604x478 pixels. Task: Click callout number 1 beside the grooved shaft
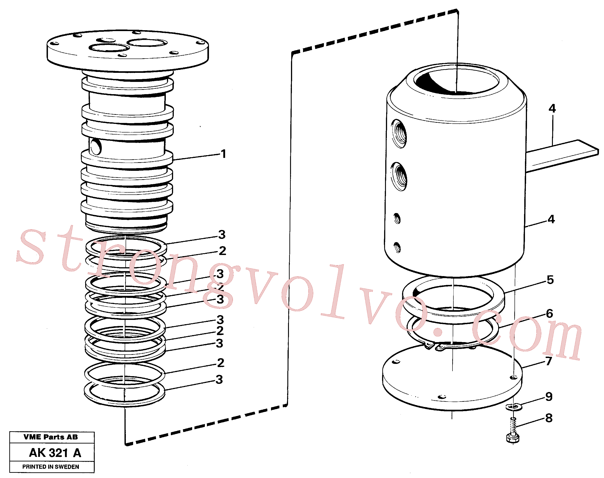pyautogui.click(x=223, y=154)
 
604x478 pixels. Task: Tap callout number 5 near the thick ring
pyautogui.click(x=550, y=280)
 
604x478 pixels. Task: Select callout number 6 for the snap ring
pyautogui.click(x=550, y=314)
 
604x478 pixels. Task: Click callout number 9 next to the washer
pyautogui.click(x=549, y=397)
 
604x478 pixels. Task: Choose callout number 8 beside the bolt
pyautogui.click(x=549, y=418)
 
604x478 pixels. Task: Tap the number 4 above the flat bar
pyautogui.click(x=552, y=108)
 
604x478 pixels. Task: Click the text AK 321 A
pyautogui.click(x=55, y=453)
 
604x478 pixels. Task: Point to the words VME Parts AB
pyautogui.click(x=51, y=437)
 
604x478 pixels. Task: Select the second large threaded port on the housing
pyautogui.click(x=399, y=177)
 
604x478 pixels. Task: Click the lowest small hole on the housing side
pyautogui.click(x=397, y=248)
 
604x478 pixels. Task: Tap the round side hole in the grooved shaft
pyautogui.click(x=96, y=147)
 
